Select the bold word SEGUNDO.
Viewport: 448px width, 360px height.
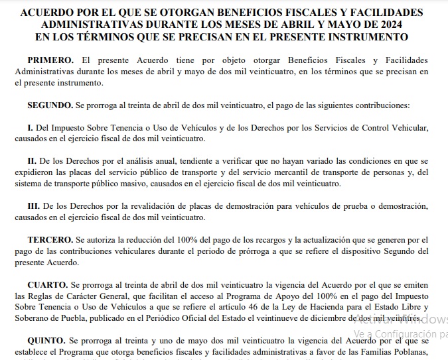click(50, 105)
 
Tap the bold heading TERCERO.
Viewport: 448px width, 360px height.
click(49, 239)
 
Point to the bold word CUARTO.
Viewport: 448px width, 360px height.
click(46, 284)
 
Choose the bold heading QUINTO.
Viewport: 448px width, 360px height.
click(46, 340)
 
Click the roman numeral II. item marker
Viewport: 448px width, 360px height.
click(31, 161)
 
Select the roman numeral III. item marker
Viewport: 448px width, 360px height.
click(34, 206)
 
